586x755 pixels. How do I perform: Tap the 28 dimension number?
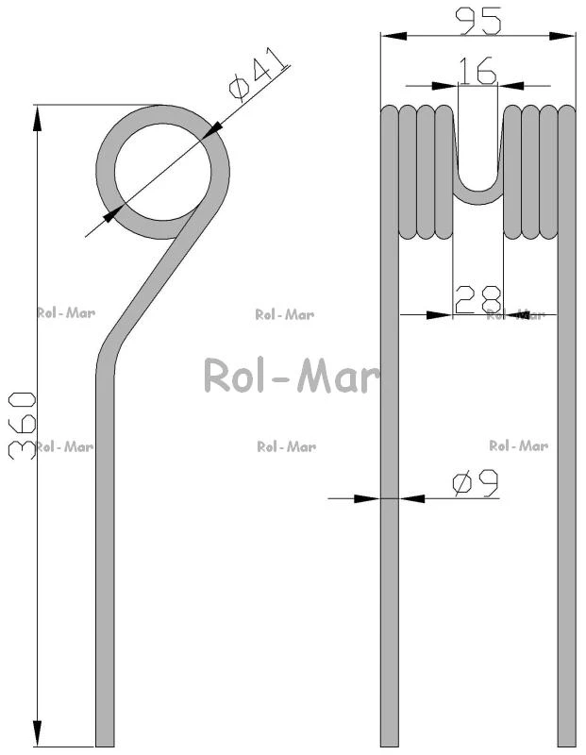(x=477, y=299)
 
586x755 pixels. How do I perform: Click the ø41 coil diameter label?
(x=260, y=75)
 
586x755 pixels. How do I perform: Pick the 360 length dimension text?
(x=22, y=426)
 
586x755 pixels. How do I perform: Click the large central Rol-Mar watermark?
(x=292, y=377)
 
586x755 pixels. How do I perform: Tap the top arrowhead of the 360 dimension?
(x=37, y=118)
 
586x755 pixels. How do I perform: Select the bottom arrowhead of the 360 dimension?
(x=37, y=734)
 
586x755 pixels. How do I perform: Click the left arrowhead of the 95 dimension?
(x=393, y=37)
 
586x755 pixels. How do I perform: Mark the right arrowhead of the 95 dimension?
(x=562, y=37)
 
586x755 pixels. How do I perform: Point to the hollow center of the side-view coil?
(x=162, y=172)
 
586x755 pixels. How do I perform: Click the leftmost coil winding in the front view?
(x=390, y=174)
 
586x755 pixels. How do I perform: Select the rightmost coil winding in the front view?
(x=567, y=174)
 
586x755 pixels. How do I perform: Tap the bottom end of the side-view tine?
(x=105, y=746)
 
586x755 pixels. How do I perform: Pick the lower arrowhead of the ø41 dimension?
(x=111, y=215)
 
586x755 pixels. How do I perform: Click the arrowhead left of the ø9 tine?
(x=367, y=498)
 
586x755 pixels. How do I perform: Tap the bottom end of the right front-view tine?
(x=567, y=746)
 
